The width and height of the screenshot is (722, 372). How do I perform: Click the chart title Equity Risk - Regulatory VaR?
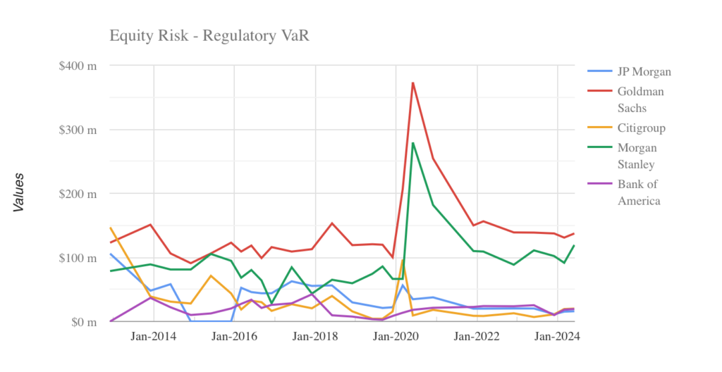pos(209,35)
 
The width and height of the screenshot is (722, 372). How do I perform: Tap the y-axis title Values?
pos(19,192)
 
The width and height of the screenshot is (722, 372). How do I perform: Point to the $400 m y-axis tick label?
pos(78,66)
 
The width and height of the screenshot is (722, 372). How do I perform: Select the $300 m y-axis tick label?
pos(78,130)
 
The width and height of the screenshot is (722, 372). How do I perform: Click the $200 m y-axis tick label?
pos(78,194)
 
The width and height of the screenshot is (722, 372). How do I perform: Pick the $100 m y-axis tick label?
pos(78,258)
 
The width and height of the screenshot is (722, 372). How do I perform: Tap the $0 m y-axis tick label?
pos(83,322)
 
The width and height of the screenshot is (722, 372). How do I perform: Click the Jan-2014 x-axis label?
pos(154,337)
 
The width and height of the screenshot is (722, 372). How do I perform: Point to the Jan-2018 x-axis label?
pos(316,337)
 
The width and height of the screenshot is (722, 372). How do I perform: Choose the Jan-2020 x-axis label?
pos(397,337)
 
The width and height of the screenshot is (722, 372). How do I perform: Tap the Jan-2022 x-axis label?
pos(478,337)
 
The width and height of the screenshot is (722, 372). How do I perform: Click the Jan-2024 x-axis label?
pos(557,337)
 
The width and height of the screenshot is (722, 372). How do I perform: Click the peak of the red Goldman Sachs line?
pos(413,83)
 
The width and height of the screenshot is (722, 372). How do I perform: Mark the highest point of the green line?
pos(413,143)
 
